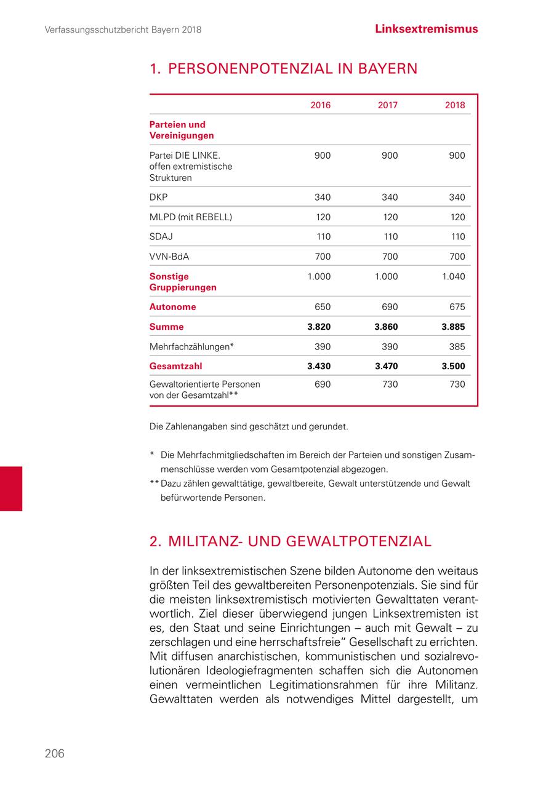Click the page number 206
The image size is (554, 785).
pyautogui.click(x=54, y=754)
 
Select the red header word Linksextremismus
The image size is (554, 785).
pyautogui.click(x=426, y=29)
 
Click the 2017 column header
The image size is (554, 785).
pyautogui.click(x=387, y=105)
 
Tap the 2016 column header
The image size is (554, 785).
pyautogui.click(x=320, y=105)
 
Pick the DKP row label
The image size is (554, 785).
pyautogui.click(x=158, y=197)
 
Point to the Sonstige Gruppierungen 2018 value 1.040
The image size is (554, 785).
pyautogui.click(x=453, y=277)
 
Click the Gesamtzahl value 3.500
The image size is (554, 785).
pyautogui.click(x=453, y=367)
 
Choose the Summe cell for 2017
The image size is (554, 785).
pyautogui.click(x=386, y=327)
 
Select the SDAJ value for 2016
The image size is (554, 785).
pyautogui.click(x=322, y=237)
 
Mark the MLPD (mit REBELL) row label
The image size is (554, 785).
pyautogui.click(x=191, y=217)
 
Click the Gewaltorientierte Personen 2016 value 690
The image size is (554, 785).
pyautogui.click(x=322, y=385)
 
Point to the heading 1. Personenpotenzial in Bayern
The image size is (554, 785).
pyautogui.click(x=283, y=68)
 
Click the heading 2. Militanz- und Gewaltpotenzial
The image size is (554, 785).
pyautogui.click(x=291, y=541)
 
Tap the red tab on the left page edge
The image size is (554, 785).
pyautogui.click(x=11, y=488)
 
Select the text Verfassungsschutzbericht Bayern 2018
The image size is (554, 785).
pyautogui.click(x=123, y=30)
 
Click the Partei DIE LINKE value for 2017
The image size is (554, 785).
pyautogui.click(x=389, y=156)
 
